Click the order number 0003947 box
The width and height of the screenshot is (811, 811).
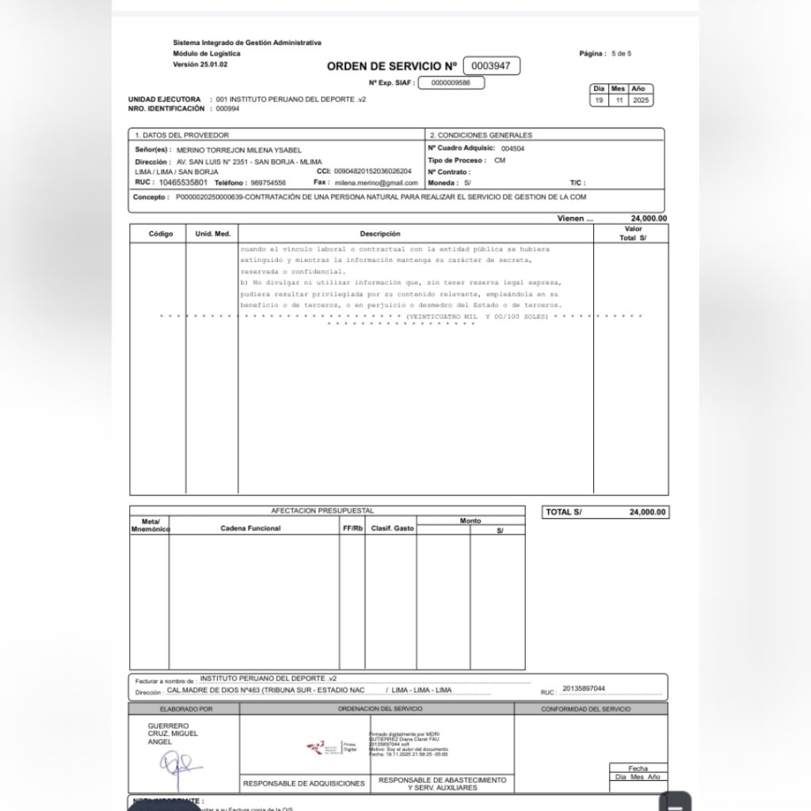491,67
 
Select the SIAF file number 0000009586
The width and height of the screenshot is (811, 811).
449,82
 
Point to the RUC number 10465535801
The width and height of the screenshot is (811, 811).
183,182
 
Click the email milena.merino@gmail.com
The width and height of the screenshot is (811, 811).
376,182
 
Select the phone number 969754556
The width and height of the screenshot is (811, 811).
268,182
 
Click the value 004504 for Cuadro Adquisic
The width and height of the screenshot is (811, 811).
512,148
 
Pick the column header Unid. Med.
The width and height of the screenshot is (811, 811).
212,234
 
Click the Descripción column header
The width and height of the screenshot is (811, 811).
380,234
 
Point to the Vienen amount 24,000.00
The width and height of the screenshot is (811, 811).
648,219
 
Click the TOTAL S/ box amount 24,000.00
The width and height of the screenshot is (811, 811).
647,512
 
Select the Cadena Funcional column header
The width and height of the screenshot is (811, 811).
250,528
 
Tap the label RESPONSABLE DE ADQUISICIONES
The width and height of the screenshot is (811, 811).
304,783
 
